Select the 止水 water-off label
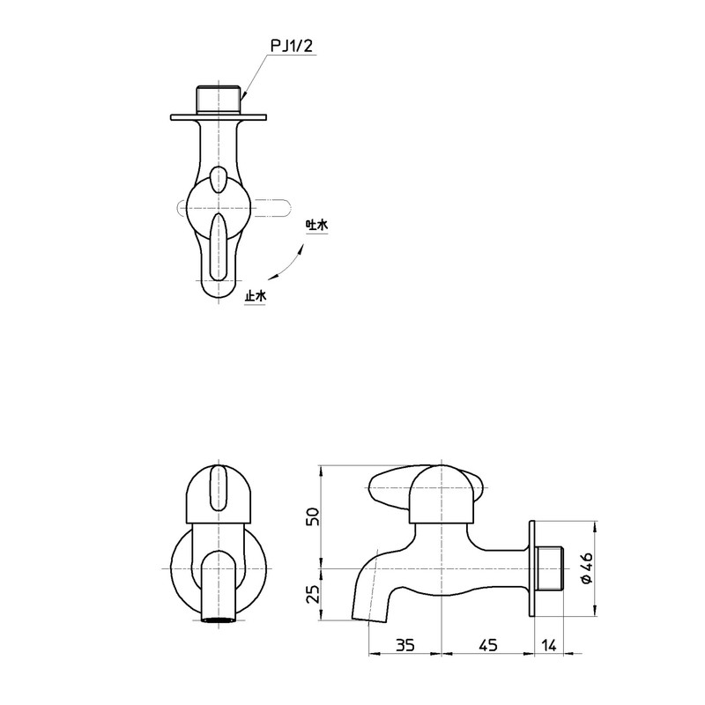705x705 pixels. pos(255,297)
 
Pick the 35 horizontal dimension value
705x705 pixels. pos(404,646)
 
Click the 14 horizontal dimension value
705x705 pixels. pos(548,646)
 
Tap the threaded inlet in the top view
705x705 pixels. pos(219,99)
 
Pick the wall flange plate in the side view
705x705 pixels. pos(532,568)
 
